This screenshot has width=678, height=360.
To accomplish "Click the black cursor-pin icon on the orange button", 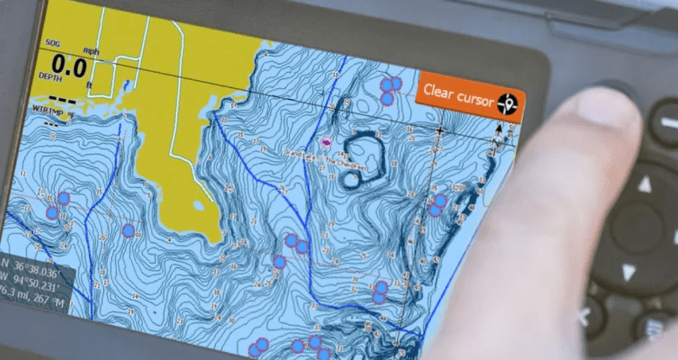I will [508, 103].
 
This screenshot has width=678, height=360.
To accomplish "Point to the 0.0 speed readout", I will [70, 66].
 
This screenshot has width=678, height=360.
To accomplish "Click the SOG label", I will [52, 44].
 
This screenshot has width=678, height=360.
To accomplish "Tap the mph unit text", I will [91, 50].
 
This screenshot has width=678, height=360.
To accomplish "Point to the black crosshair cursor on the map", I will [439, 131].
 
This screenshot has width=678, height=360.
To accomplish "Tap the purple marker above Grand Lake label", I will [326, 142].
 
